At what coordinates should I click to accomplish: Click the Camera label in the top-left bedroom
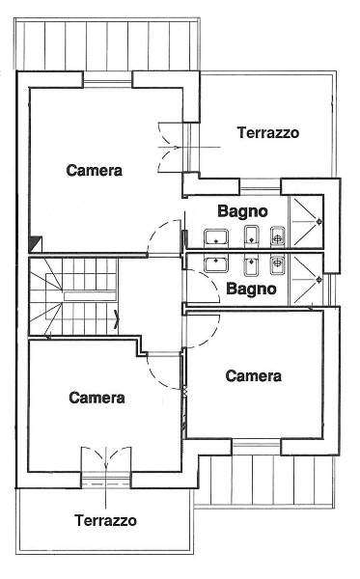pyautogui.click(x=94, y=171)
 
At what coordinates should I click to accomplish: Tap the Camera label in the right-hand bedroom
pyautogui.click(x=253, y=375)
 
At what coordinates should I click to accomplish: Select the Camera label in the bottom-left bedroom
pyautogui.click(x=97, y=397)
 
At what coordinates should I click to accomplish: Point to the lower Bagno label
pyautogui.click(x=251, y=288)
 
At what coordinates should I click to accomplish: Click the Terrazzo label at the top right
pyautogui.click(x=267, y=133)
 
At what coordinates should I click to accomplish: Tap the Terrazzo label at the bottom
pyautogui.click(x=105, y=520)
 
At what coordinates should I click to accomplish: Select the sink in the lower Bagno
pyautogui.click(x=214, y=264)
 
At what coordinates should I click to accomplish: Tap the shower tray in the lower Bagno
pyautogui.click(x=308, y=276)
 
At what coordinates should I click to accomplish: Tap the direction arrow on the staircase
pyautogui.click(x=117, y=319)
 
